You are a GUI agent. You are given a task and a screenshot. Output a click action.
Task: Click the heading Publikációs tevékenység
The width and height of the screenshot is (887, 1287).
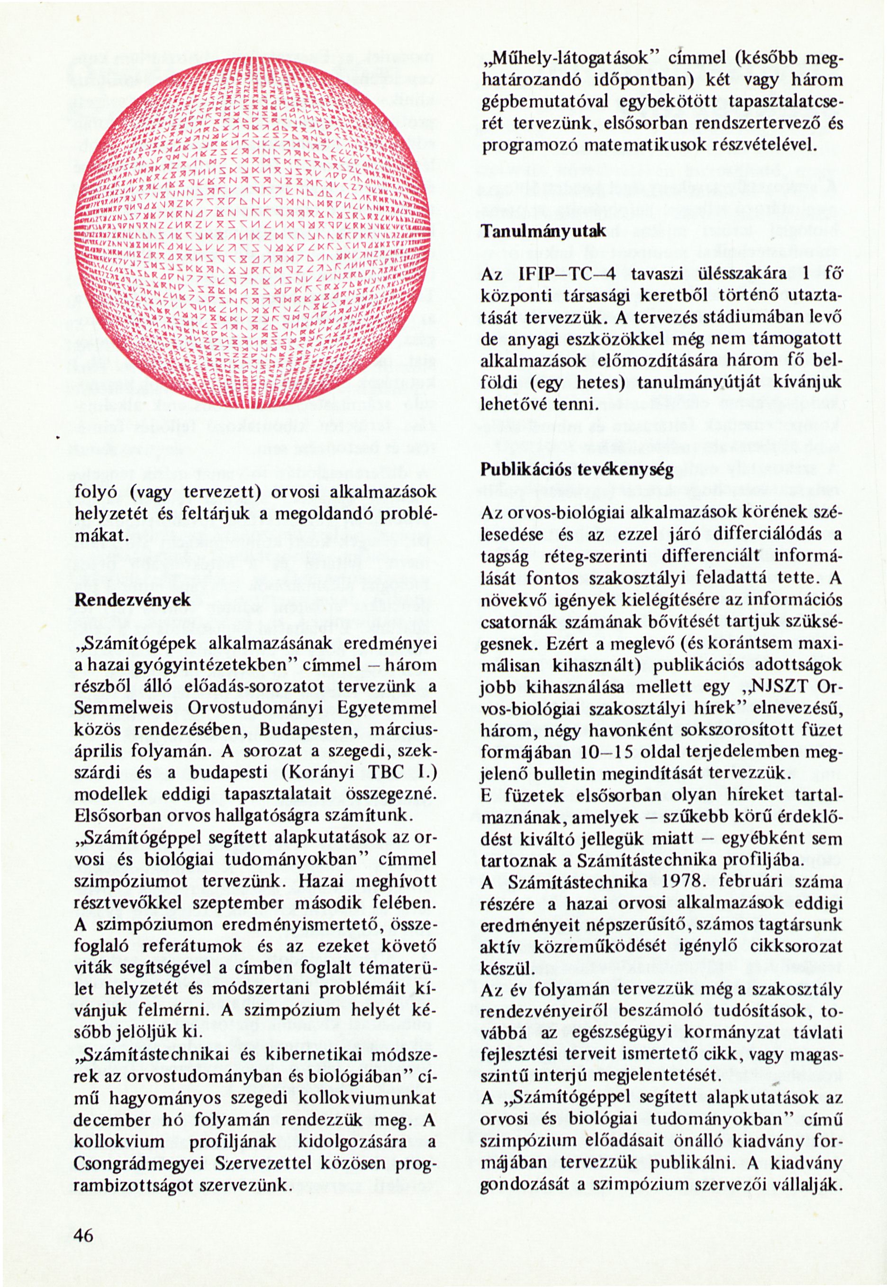(x=577, y=470)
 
